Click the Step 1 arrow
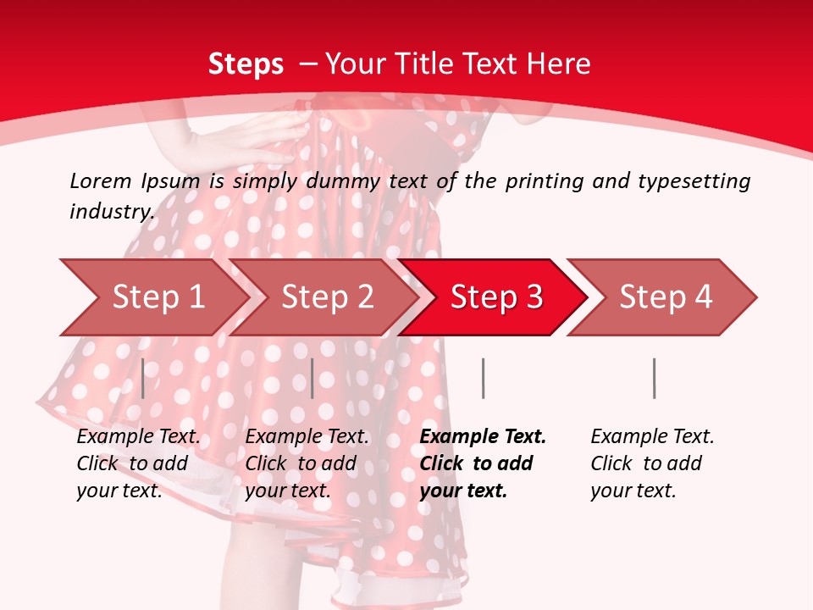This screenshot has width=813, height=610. click(157, 297)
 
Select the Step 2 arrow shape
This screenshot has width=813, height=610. click(327, 297)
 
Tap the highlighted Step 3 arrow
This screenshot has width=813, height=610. click(496, 297)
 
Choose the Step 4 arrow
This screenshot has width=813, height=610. click(666, 297)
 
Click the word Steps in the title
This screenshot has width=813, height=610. click(246, 64)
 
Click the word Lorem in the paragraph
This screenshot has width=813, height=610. click(101, 180)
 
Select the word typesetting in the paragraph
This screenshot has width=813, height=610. click(694, 180)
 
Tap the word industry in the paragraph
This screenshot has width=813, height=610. click(111, 211)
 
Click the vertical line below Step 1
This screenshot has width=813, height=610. click(143, 378)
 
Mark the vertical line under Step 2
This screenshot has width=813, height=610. click(312, 378)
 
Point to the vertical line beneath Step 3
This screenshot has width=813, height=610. click(483, 378)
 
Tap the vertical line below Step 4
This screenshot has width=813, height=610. click(654, 378)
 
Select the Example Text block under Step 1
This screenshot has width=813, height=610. click(138, 463)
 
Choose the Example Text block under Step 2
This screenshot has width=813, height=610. click(307, 463)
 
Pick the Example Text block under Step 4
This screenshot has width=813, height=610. click(652, 463)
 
